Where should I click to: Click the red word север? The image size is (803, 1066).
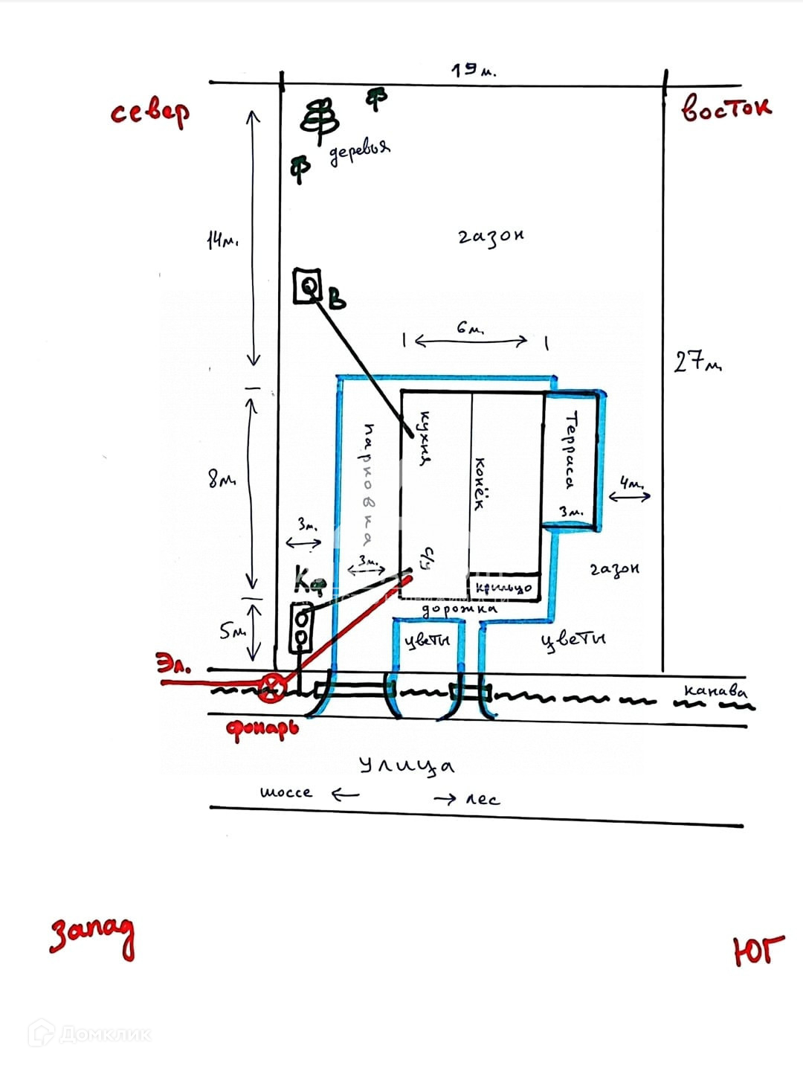point(150,112)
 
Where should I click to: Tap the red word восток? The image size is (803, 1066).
point(726,109)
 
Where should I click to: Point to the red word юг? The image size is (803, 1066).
point(758,950)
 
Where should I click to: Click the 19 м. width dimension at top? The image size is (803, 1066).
point(473,71)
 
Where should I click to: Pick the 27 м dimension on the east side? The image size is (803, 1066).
point(697,362)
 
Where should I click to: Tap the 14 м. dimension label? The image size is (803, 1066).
point(222,240)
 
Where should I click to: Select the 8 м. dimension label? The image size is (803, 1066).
point(222,480)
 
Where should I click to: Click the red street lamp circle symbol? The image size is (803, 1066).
point(272,688)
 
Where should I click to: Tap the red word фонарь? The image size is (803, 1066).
point(262,728)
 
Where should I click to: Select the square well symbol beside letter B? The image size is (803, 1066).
point(308,286)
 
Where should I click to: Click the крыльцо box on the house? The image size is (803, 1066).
point(503,588)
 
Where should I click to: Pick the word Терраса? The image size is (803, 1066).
point(570,451)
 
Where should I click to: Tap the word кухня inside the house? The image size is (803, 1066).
point(425,439)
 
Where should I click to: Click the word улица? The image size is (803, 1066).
point(406,765)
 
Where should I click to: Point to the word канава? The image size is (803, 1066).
point(715,690)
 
